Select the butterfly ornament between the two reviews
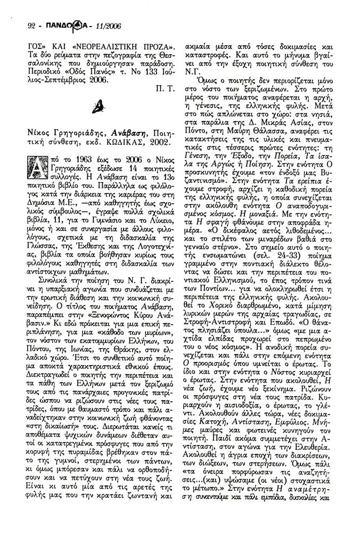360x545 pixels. coord(101,108)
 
